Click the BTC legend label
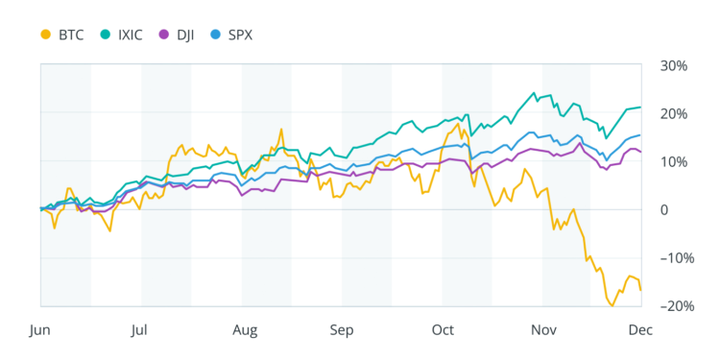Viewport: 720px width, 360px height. (x=70, y=35)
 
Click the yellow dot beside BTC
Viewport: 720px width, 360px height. (x=45, y=35)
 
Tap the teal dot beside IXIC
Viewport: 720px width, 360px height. (x=106, y=35)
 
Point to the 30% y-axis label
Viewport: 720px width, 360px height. (x=675, y=66)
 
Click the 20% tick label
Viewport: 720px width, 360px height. (x=675, y=114)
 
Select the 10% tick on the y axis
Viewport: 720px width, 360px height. (x=675, y=161)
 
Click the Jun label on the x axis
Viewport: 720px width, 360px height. (x=39, y=330)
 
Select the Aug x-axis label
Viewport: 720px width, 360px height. (x=244, y=330)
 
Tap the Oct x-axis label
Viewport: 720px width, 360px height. (x=442, y=330)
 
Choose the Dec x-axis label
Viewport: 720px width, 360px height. (x=640, y=330)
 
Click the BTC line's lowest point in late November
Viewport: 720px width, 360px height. (x=612, y=305)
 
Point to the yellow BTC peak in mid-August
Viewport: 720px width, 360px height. (x=282, y=129)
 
